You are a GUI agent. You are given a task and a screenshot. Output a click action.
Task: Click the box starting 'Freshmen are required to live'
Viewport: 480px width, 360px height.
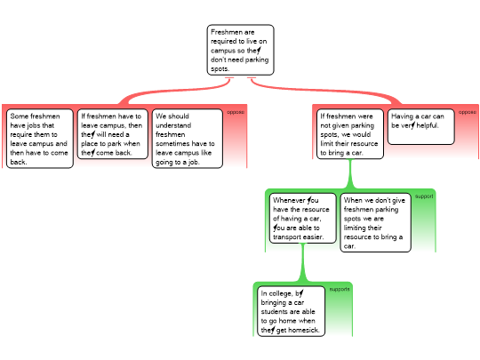[240, 50]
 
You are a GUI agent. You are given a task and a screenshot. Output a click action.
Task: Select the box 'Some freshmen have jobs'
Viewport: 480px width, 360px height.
[40, 139]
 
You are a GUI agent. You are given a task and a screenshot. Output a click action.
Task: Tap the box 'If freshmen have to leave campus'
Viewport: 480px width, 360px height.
[112, 134]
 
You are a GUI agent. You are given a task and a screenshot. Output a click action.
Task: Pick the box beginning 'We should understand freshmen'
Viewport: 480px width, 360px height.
[187, 139]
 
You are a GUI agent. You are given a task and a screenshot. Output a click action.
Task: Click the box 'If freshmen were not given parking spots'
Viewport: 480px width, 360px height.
[350, 134]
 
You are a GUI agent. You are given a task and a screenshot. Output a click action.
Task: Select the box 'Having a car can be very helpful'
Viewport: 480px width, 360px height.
[421, 127]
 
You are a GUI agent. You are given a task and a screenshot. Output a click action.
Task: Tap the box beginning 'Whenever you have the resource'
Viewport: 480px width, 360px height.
[303, 218]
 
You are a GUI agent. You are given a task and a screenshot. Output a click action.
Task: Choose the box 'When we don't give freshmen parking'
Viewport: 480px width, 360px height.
[376, 222]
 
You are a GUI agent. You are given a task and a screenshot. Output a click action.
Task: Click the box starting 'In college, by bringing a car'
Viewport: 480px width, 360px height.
[291, 311]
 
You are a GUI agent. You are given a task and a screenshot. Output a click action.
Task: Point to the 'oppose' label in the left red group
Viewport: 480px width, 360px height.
[236, 112]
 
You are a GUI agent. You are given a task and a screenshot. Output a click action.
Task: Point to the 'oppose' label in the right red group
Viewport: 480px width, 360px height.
[468, 112]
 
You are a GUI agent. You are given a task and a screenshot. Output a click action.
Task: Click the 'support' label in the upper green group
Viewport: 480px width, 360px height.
[424, 196]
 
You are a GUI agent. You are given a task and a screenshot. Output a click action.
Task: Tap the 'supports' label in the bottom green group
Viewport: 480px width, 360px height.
[340, 289]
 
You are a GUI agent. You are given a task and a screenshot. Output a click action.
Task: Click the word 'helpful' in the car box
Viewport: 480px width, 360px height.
[427, 125]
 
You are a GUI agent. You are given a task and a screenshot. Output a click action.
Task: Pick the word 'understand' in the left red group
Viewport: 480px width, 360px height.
[173, 125]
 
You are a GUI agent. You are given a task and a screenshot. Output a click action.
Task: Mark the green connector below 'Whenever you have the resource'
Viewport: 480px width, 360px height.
[303, 262]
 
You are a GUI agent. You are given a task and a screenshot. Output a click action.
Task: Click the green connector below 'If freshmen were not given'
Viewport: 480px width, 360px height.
[350, 174]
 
